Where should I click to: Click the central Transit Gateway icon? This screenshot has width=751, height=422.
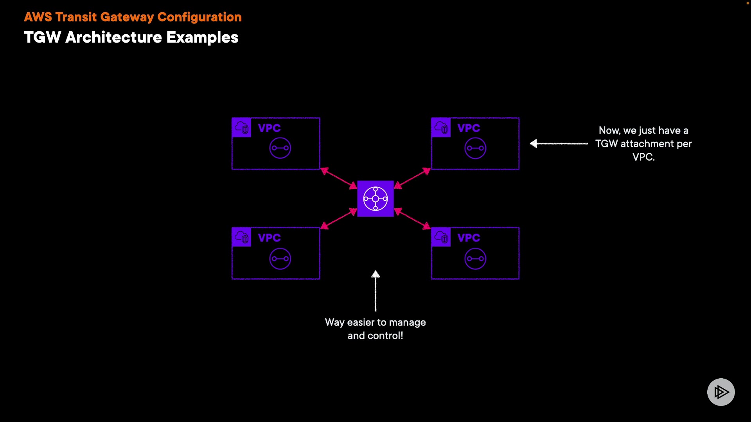tap(375, 198)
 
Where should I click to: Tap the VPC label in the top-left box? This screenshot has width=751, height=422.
tap(269, 128)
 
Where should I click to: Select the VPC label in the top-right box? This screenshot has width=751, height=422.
tap(469, 128)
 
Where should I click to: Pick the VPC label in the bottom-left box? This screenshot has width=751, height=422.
tap(269, 238)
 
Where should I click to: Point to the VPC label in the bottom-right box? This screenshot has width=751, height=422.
tap(469, 238)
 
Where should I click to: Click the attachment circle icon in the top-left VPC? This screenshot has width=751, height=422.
tap(280, 148)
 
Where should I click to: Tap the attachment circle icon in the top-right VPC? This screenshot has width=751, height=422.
tap(475, 148)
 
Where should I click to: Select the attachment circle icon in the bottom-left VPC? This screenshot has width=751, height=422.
tap(280, 259)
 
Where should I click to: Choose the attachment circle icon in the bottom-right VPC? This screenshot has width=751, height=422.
tap(475, 259)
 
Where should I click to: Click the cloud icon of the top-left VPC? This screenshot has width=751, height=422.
tap(241, 127)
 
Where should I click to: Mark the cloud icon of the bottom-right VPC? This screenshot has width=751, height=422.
tap(441, 237)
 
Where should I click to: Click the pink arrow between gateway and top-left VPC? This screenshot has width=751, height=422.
tap(339, 178)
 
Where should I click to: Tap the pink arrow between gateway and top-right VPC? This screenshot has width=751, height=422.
tap(412, 178)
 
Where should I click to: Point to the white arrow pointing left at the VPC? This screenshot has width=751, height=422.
tap(559, 144)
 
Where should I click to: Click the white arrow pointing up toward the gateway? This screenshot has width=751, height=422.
tap(375, 291)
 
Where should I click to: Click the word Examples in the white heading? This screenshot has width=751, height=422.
tap(202, 38)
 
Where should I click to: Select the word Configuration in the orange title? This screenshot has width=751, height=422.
tap(199, 17)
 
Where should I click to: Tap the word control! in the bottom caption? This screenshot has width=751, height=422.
tap(385, 336)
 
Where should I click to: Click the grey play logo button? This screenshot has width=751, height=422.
tap(721, 392)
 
